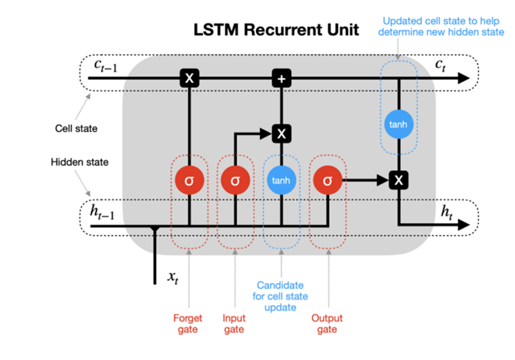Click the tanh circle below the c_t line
[399, 125]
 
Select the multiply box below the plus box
[281, 134]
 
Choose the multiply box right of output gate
[399, 181]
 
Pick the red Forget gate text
[188, 324]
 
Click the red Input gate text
[234, 324]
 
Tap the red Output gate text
[327, 324]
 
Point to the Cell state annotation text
[76, 128]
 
